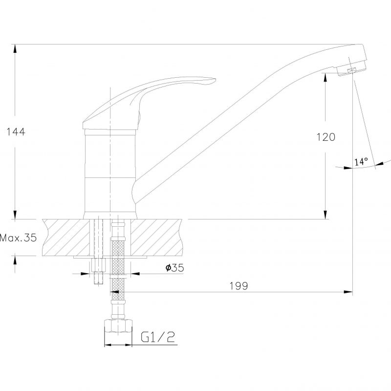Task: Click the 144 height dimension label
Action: pyautogui.click(x=16, y=131)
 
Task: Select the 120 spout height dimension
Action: pyautogui.click(x=326, y=137)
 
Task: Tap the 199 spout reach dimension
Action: pyautogui.click(x=239, y=286)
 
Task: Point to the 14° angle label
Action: pyautogui.click(x=361, y=162)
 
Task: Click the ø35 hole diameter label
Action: pyautogui.click(x=175, y=268)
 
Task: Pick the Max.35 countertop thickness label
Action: pyautogui.click(x=18, y=238)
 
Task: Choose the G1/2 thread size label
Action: pyautogui.click(x=158, y=337)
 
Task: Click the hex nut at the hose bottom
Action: pyautogui.click(x=118, y=326)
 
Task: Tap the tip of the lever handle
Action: pyautogui.click(x=215, y=80)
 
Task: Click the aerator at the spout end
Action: pyautogui.click(x=351, y=70)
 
